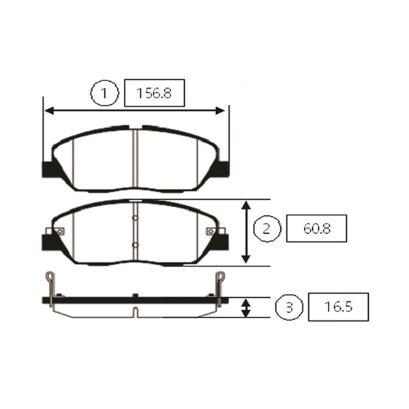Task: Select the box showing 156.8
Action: [155, 93]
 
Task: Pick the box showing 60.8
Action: [317, 228]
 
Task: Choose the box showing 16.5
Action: [338, 307]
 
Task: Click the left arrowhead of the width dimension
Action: [50, 110]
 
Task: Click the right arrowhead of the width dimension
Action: [219, 110]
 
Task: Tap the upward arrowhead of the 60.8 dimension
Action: [246, 205]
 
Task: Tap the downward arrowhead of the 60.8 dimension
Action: [246, 259]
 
